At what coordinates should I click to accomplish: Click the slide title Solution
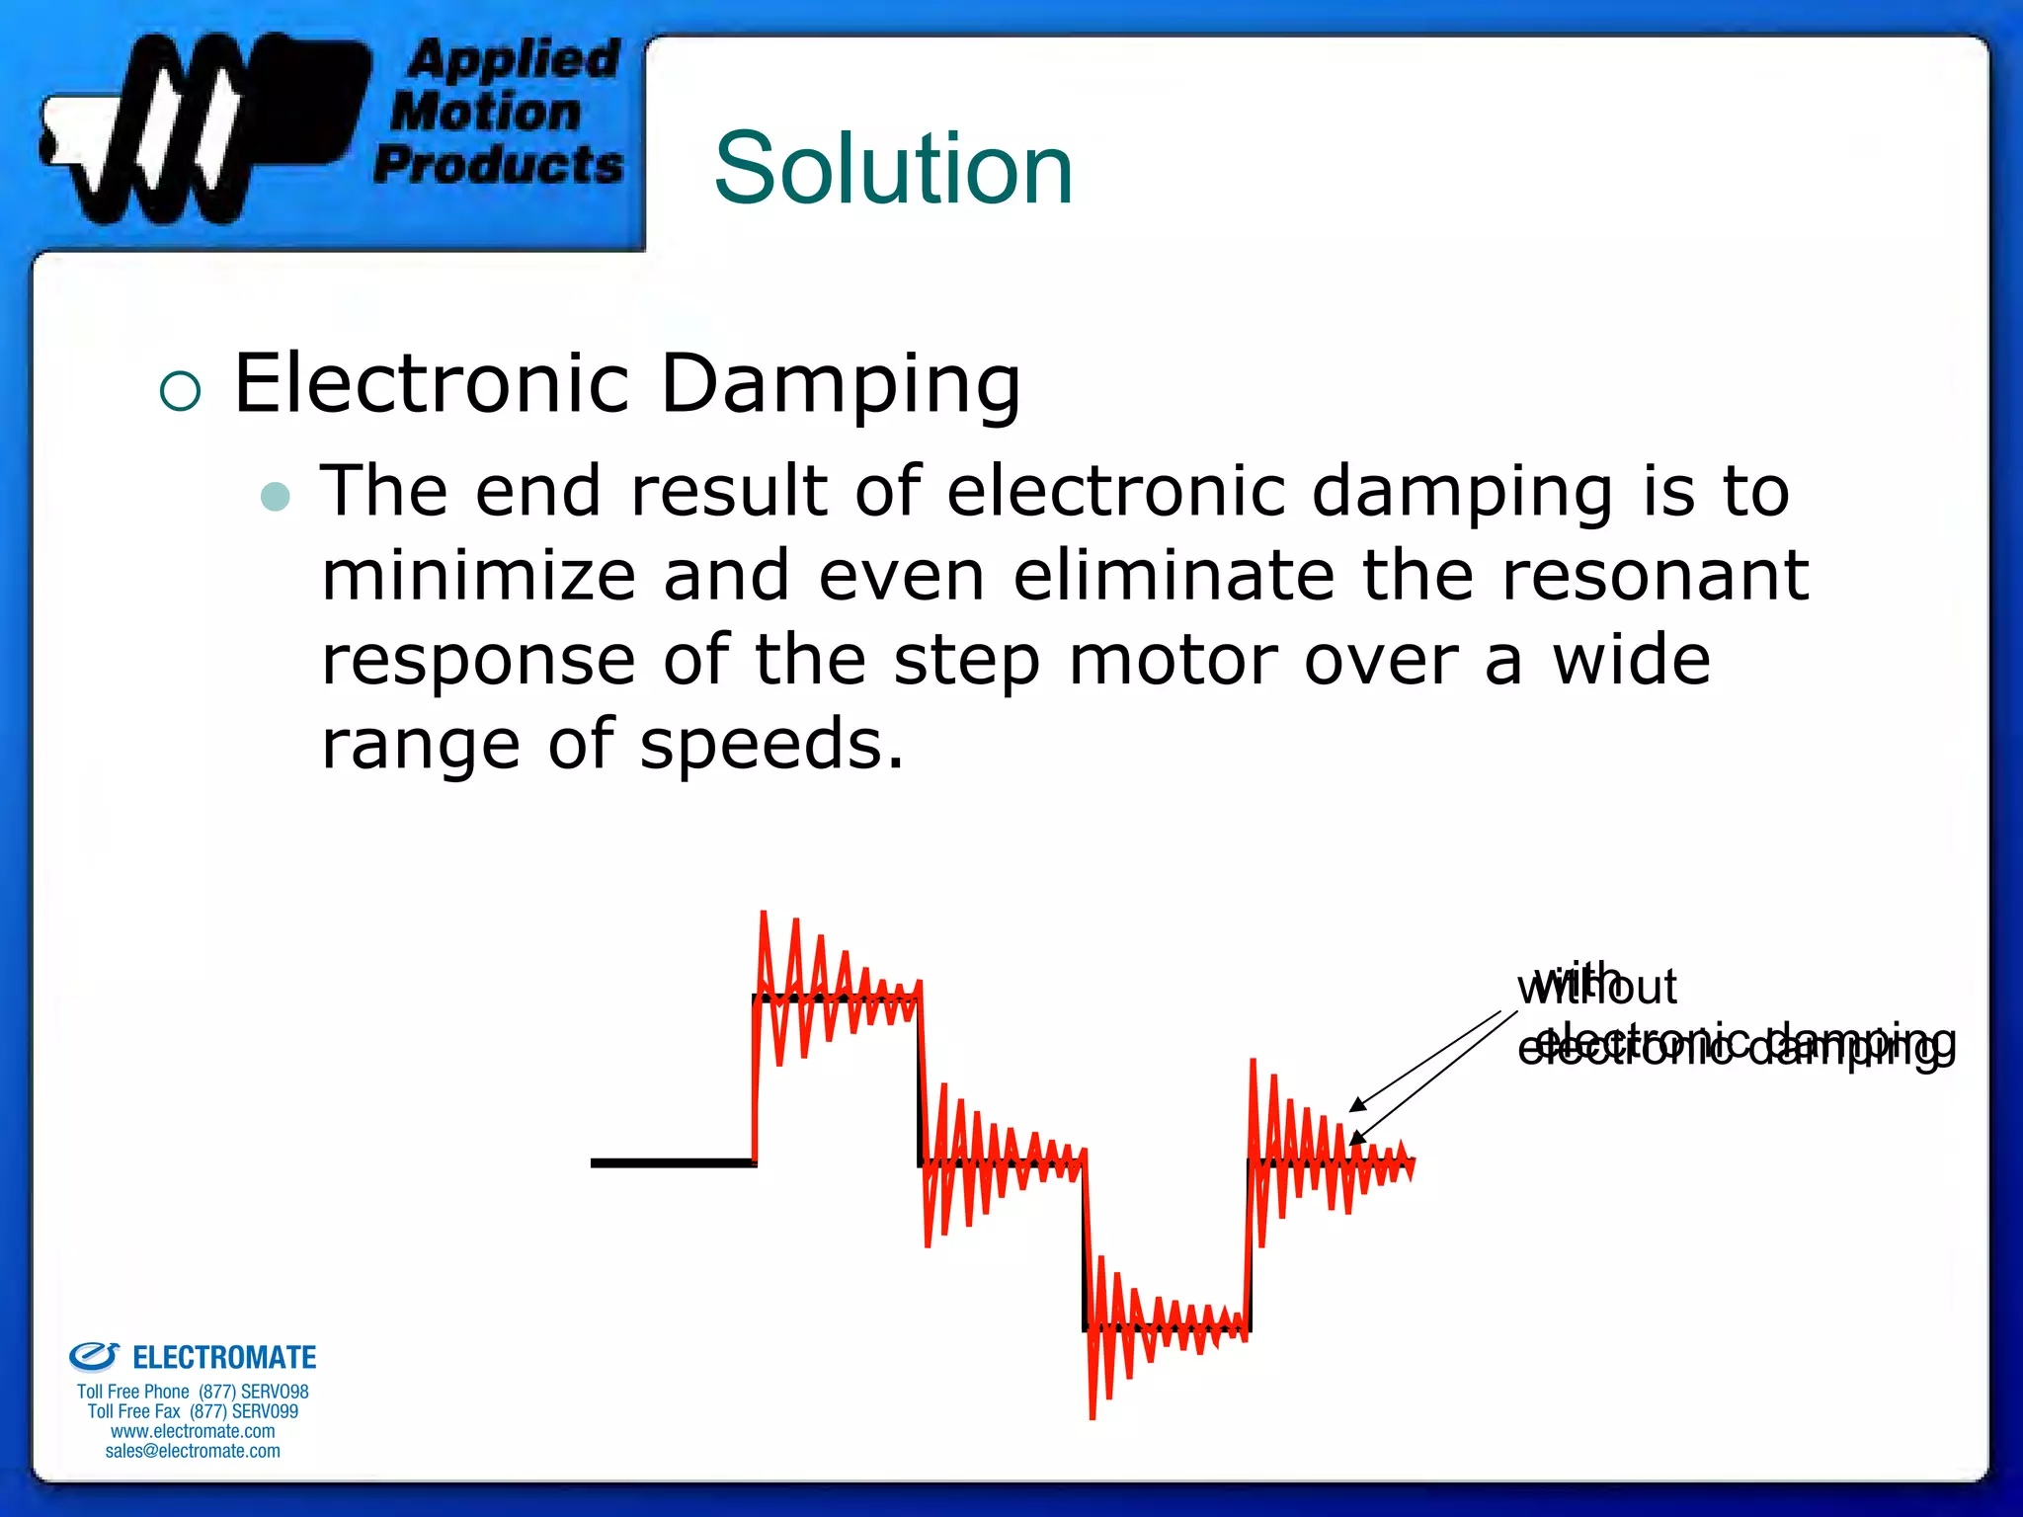893,169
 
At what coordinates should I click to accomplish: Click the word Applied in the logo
514,59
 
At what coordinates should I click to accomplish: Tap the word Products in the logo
499,164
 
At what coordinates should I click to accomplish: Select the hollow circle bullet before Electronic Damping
180,391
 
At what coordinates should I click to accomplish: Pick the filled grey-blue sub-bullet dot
276,496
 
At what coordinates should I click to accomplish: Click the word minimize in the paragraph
478,576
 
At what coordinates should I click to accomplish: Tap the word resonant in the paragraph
1655,576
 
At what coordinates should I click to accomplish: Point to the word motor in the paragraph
1173,661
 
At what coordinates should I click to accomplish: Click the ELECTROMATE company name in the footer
224,1358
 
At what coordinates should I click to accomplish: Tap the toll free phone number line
193,1392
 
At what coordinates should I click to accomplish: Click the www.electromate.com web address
193,1431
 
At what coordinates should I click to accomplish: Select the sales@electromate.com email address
193,1451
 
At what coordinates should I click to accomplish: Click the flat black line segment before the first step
672,1162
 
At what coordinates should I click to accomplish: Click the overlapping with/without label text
1596,986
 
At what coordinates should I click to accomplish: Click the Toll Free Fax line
193,1411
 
